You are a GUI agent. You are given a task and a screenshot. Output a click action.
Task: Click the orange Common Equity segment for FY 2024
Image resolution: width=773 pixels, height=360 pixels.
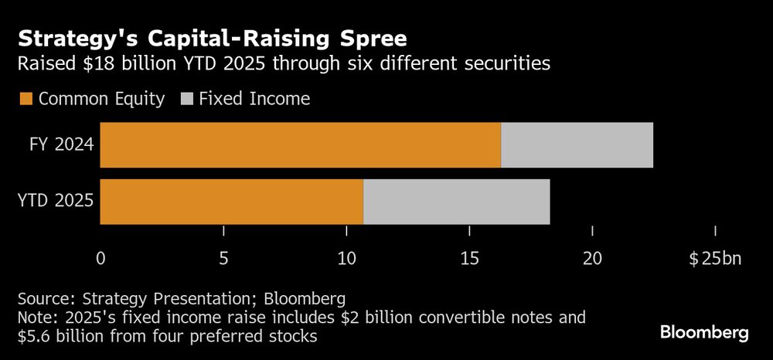pos(301,144)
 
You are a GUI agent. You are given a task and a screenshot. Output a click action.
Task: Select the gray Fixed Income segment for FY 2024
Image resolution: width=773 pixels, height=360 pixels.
pos(577,144)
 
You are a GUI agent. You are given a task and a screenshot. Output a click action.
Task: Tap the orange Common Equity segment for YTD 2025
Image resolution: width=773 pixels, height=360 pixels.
pos(232,201)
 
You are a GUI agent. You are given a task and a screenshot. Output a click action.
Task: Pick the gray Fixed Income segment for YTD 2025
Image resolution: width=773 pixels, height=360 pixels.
pos(456,201)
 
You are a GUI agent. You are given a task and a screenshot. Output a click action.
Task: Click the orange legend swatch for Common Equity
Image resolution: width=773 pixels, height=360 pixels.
pos(26,98)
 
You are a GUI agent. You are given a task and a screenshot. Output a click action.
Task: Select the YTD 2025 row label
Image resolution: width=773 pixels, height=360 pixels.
pos(55,201)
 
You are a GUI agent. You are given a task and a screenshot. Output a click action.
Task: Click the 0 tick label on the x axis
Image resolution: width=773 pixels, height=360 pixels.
pos(100,258)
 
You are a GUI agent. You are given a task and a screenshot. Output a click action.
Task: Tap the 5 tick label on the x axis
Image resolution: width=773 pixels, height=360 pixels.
pos(223,258)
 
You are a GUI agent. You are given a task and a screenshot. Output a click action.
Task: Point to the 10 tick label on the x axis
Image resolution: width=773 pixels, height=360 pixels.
pos(346,258)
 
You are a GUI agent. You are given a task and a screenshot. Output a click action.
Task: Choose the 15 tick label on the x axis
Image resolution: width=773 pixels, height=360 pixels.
pos(469,258)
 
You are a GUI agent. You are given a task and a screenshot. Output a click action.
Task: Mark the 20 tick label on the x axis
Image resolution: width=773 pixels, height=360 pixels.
pos(592,258)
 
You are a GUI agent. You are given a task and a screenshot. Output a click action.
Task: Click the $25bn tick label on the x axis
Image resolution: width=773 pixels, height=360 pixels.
pos(714,258)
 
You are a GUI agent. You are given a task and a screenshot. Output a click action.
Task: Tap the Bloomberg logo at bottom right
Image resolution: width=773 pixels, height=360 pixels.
pos(703,333)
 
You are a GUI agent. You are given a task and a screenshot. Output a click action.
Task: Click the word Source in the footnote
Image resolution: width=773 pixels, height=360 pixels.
pos(43,299)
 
